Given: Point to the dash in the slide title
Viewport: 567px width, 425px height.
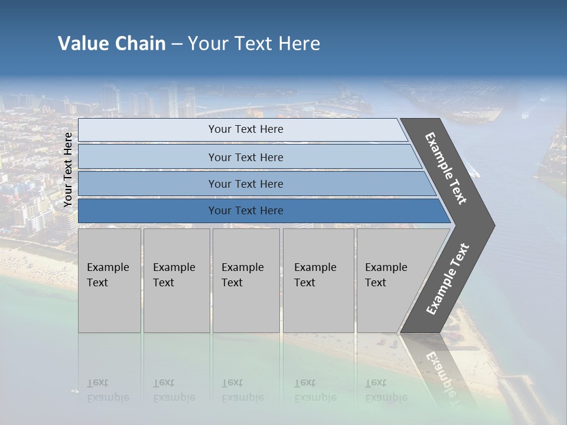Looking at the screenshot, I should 177,44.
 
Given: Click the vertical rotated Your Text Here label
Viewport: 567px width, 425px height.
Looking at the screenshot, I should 68,170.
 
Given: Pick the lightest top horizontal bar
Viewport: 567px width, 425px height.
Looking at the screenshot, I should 245,129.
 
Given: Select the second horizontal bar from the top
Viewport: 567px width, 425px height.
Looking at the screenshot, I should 245,157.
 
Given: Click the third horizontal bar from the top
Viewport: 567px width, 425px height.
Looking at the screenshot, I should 245,184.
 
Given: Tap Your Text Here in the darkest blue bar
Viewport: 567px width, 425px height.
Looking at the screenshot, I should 245,211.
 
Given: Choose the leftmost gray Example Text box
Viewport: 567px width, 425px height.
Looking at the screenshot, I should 109,280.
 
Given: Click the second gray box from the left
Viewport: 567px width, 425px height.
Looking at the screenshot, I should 176,280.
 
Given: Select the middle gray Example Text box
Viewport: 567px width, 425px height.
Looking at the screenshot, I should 246,280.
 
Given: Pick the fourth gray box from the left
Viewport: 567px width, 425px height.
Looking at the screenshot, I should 318,280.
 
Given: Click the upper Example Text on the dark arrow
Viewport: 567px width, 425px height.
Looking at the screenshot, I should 446,168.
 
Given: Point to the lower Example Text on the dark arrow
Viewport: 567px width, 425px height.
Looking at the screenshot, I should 448,279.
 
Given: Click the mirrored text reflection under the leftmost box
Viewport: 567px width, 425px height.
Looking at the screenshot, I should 107,390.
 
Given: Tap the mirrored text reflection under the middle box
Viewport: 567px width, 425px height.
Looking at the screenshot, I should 242,390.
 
